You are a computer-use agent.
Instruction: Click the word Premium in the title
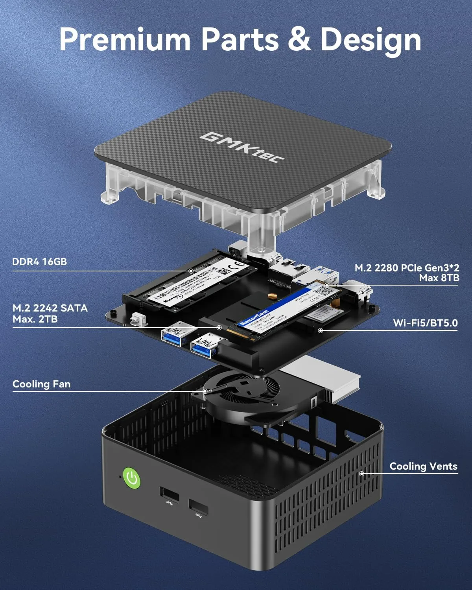(x=125, y=40)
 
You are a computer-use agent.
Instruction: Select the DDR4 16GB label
(x=39, y=262)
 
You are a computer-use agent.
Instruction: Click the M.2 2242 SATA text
(x=50, y=308)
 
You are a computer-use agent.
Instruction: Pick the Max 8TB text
(x=439, y=278)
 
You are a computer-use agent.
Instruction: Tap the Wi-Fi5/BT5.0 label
(x=425, y=323)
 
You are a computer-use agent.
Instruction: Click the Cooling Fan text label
(x=41, y=384)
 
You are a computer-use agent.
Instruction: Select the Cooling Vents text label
(x=423, y=466)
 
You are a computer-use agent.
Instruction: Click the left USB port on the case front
(x=169, y=494)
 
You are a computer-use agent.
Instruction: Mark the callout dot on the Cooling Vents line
(x=362, y=474)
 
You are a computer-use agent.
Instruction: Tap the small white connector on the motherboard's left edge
(x=138, y=319)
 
